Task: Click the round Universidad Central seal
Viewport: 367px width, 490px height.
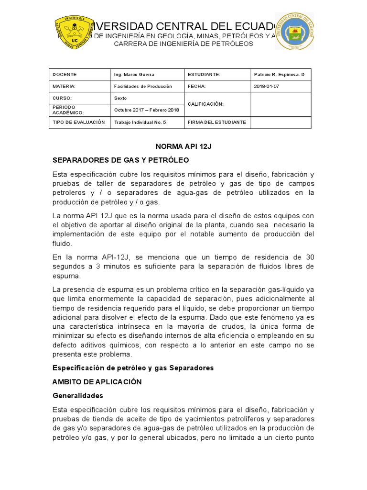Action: click(x=295, y=31)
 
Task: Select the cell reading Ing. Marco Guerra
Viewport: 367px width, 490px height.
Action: click(x=134, y=75)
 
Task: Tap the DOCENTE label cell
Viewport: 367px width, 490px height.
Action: click(x=65, y=75)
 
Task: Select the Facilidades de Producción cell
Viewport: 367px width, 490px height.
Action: click(x=143, y=87)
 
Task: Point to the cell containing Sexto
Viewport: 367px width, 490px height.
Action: click(x=121, y=98)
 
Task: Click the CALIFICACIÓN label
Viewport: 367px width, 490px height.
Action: click(x=205, y=104)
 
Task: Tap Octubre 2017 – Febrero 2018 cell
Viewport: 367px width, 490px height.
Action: click(x=146, y=110)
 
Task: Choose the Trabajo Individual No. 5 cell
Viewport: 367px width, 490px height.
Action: click(x=140, y=122)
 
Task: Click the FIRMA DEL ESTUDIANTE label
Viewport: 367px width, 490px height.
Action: click(x=216, y=122)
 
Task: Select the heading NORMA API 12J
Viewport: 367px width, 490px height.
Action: click(x=183, y=146)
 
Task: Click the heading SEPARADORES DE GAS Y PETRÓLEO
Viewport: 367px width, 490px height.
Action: click(x=120, y=160)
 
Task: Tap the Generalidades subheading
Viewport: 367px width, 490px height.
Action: click(x=77, y=396)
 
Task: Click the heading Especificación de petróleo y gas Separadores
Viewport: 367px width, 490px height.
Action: click(x=133, y=368)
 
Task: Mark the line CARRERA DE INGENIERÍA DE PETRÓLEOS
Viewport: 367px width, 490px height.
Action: click(x=183, y=44)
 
